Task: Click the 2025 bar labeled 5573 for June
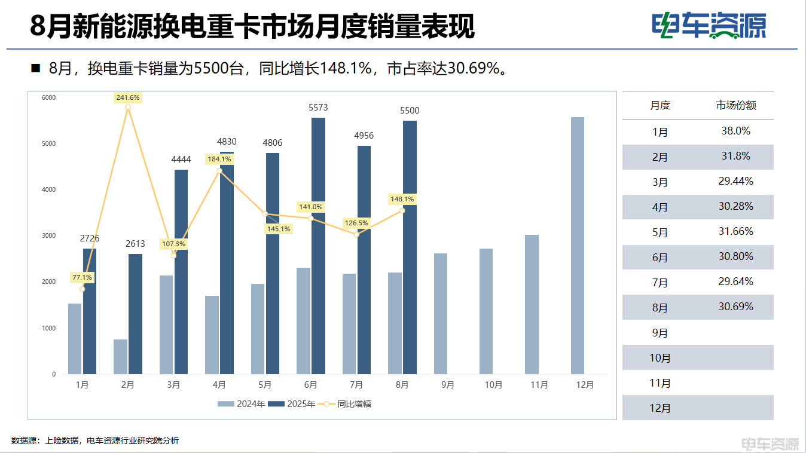point(318,245)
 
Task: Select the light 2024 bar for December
point(577,245)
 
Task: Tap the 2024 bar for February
point(120,357)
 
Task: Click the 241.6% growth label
point(128,97)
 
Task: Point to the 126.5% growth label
point(356,223)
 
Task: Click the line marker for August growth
point(402,210)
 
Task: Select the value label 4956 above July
point(364,136)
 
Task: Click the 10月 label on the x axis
point(493,385)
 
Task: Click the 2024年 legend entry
point(242,404)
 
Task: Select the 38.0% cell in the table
point(735,131)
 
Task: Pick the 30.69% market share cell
point(735,307)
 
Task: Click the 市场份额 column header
point(736,105)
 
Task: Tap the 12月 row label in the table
point(660,409)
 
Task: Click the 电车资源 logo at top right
point(709,26)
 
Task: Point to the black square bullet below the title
point(35,69)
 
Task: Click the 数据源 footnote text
point(95,440)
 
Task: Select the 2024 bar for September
point(440,314)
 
